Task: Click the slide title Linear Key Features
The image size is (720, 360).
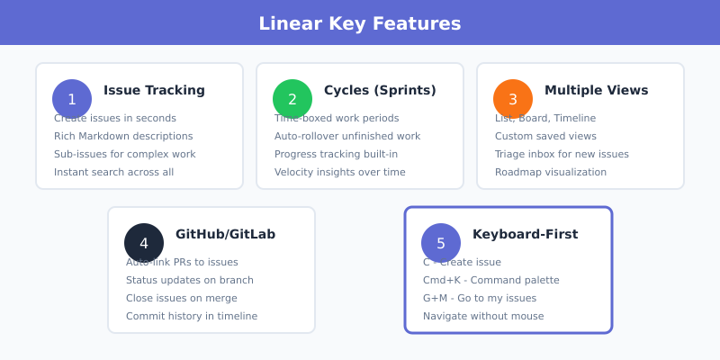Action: (x=360, y=23)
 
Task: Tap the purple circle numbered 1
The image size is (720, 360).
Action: (x=72, y=99)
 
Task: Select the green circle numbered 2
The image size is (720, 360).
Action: (x=292, y=99)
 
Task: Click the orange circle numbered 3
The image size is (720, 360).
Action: (x=513, y=99)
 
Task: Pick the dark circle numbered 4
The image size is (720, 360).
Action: (x=144, y=243)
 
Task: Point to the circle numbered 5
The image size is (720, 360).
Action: (x=441, y=243)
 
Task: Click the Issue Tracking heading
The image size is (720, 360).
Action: (x=154, y=90)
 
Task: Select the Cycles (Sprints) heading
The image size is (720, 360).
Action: (x=380, y=90)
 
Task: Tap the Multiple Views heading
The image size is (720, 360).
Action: (x=596, y=90)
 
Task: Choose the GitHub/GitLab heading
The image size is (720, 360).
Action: (x=225, y=234)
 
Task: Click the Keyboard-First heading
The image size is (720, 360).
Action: (x=525, y=234)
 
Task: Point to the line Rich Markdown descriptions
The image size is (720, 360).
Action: (x=123, y=136)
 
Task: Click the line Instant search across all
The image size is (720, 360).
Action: (x=113, y=172)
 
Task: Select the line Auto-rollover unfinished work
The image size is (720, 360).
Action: (x=347, y=136)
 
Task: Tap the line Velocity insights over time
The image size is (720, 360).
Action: (x=340, y=172)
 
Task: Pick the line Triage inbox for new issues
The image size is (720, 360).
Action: (x=562, y=154)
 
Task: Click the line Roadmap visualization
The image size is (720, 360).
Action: (x=551, y=172)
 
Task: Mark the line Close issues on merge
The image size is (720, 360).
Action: (x=182, y=298)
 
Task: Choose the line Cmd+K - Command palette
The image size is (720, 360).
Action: (x=491, y=280)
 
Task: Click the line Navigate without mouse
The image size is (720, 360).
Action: (x=483, y=316)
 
